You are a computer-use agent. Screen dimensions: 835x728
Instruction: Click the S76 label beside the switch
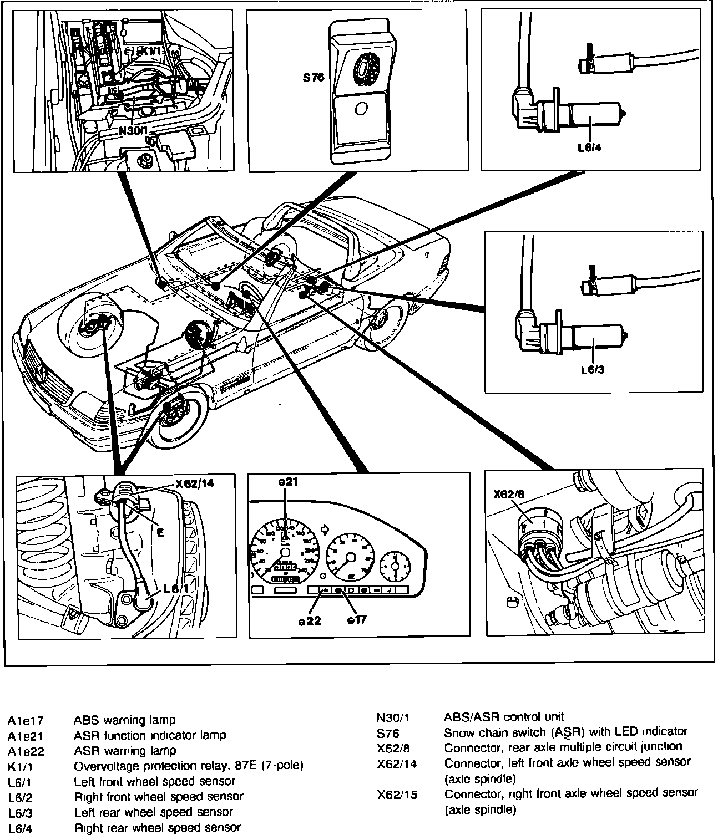tap(314, 78)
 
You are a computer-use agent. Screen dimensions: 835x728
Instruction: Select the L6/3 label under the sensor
tap(592, 370)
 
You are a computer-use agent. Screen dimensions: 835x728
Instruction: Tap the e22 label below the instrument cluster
tap(310, 620)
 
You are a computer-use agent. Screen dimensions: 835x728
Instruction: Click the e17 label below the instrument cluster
tap(357, 619)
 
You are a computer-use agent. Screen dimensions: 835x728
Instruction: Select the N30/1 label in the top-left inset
tap(133, 132)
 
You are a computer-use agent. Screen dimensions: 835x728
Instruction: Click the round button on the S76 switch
tap(361, 109)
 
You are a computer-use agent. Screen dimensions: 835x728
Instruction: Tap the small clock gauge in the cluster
tap(395, 566)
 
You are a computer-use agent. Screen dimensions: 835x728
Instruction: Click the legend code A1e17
tap(26, 721)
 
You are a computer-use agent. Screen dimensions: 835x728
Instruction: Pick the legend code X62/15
tap(397, 795)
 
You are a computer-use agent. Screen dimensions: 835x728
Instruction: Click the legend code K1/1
tap(20, 767)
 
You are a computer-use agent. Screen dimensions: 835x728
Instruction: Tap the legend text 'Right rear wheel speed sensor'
tap(157, 828)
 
